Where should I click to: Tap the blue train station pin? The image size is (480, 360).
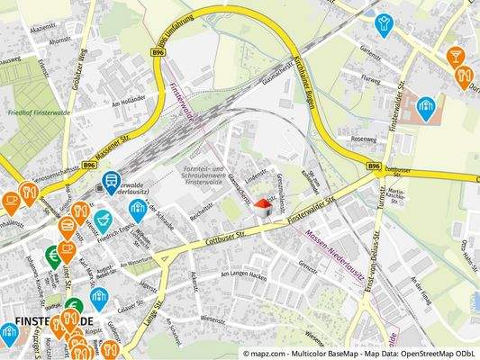[x=111, y=182]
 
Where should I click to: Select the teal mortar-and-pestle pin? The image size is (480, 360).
[x=104, y=219]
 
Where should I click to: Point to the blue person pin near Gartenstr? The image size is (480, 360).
[x=385, y=23]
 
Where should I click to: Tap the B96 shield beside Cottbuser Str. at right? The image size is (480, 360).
[x=374, y=166]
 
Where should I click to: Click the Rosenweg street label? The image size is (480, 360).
[x=364, y=139]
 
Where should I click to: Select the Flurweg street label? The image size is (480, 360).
[x=370, y=78]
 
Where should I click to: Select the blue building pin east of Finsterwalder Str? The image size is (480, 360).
[x=425, y=108]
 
